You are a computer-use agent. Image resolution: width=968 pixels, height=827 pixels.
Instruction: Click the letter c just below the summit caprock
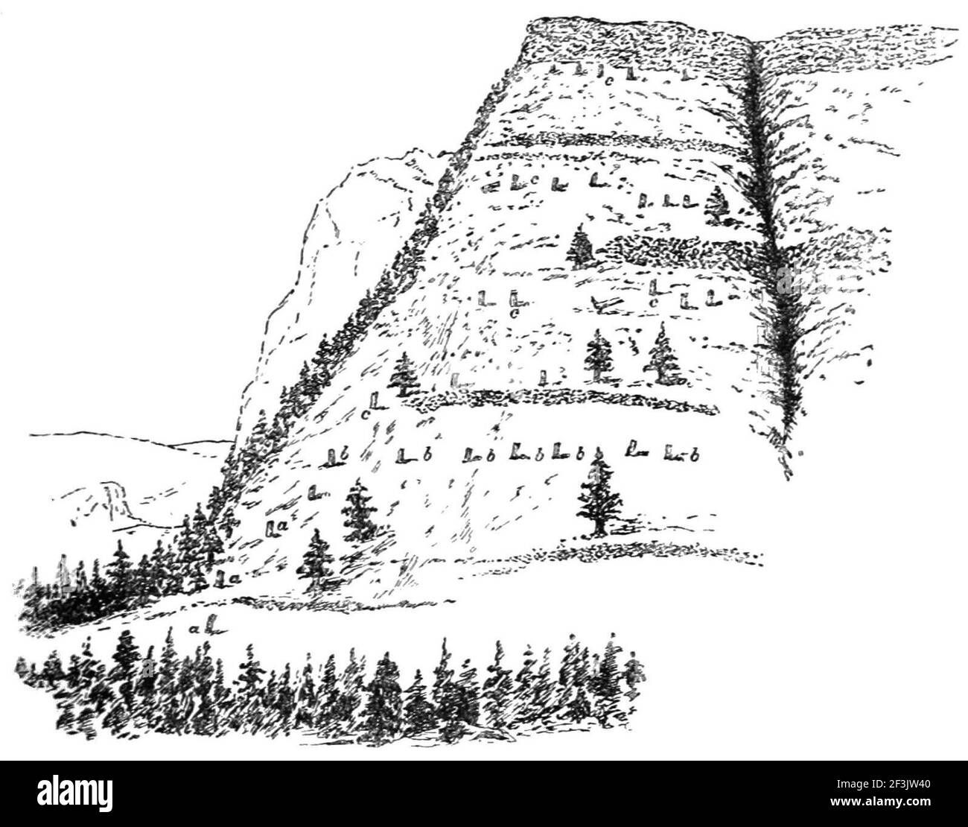pyautogui.click(x=609, y=80)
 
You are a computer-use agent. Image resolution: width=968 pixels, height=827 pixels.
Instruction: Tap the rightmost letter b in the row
pyautogui.click(x=693, y=455)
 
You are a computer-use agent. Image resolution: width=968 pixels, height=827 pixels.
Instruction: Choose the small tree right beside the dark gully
pyautogui.click(x=717, y=203)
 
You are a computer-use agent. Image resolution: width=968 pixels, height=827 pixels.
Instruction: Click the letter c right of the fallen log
pyautogui.click(x=653, y=303)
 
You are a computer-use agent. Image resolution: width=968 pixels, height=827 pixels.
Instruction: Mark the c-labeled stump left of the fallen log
pyautogui.click(x=513, y=300)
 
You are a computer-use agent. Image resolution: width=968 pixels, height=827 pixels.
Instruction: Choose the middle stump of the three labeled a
pyautogui.click(x=273, y=527)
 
